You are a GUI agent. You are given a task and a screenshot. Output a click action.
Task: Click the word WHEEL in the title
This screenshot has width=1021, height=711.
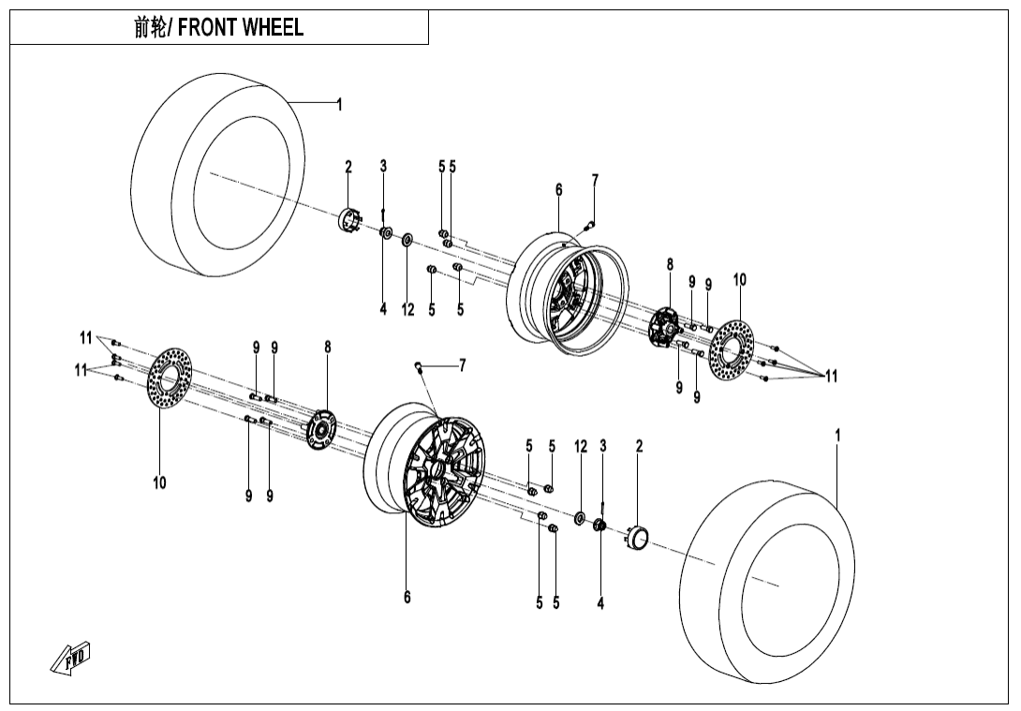(273, 28)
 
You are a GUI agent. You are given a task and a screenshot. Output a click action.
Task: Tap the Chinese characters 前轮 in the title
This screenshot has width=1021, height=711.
(149, 28)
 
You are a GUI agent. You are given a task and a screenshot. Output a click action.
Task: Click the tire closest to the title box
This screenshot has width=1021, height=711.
(219, 174)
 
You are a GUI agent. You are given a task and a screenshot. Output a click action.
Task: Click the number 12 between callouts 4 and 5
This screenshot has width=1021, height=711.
(407, 310)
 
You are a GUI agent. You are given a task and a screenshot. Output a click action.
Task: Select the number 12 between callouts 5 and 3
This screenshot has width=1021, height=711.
(581, 447)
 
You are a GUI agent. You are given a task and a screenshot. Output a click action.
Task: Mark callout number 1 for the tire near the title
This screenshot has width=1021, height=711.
(339, 105)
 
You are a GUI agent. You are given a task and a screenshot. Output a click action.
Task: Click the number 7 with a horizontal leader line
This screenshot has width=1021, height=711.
(462, 365)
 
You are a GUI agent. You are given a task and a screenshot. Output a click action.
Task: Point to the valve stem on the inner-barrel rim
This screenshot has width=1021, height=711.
(587, 223)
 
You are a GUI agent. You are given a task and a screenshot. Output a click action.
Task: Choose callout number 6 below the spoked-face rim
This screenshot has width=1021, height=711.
(407, 597)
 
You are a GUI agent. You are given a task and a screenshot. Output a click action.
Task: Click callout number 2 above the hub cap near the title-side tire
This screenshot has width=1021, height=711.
(348, 167)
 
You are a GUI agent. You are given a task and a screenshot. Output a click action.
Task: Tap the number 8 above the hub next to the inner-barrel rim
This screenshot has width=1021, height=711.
(670, 265)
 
